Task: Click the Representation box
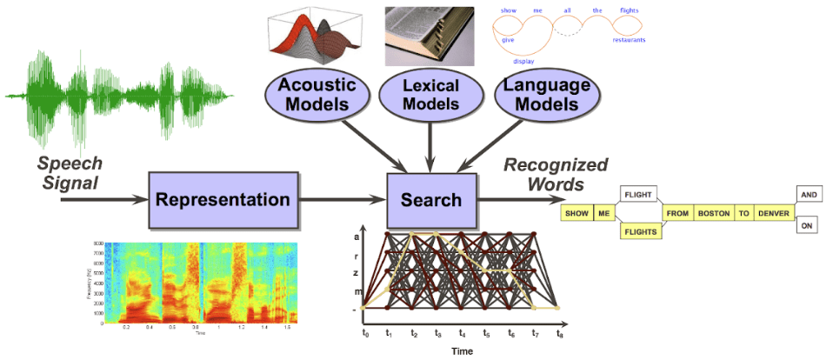pyautogui.click(x=222, y=200)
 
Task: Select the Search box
pyautogui.click(x=431, y=200)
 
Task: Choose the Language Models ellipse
pyautogui.click(x=547, y=95)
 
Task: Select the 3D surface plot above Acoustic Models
pyautogui.click(x=315, y=36)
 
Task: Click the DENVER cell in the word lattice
pyautogui.click(x=774, y=213)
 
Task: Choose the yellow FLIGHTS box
pyautogui.click(x=639, y=231)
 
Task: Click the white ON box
pyautogui.click(x=808, y=225)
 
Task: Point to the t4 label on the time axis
pyautogui.click(x=462, y=332)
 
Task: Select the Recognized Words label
pyautogui.click(x=556, y=174)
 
